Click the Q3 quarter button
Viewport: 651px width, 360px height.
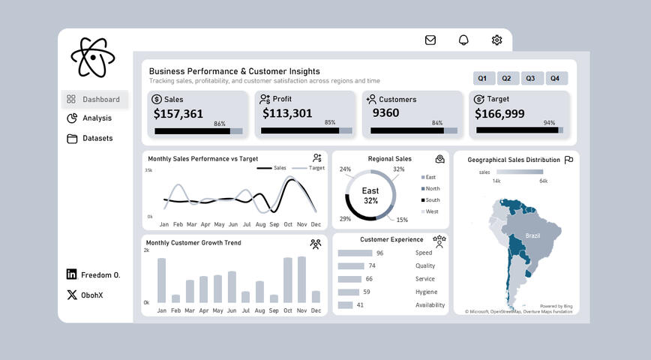click(531, 79)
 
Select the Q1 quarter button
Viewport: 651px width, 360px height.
click(482, 79)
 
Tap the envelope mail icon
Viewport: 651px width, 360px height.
click(430, 40)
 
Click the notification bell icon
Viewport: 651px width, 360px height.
click(463, 40)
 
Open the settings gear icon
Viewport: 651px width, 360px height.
click(496, 40)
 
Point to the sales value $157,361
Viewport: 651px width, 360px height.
click(178, 114)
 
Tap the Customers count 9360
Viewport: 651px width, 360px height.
click(385, 113)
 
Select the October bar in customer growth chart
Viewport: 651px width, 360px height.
click(288, 280)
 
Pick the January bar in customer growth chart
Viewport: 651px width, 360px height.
click(161, 280)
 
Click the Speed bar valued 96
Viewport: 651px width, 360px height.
click(355, 253)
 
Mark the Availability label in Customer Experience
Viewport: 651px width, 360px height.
click(430, 305)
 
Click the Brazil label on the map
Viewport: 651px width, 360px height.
click(532, 235)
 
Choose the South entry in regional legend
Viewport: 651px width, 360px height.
click(432, 200)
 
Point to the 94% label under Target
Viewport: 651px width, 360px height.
click(549, 123)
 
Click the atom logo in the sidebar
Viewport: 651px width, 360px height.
click(93, 57)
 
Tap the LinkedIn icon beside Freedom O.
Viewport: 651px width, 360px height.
click(71, 274)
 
